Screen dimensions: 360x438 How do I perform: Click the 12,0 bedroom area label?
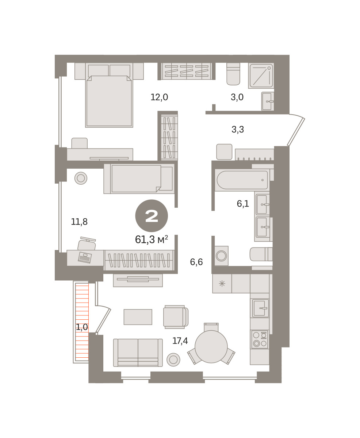coord(159,97)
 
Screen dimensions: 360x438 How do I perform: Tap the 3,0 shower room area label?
coord(237,97)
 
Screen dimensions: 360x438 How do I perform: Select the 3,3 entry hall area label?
coord(238,129)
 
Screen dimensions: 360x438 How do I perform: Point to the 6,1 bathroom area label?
coord(243,204)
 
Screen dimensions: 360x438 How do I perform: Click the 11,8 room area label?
coord(79,222)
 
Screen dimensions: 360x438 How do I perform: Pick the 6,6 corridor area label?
coord(196,262)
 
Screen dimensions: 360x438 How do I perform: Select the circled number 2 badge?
coord(152,216)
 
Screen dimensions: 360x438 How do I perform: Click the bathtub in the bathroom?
coord(242,180)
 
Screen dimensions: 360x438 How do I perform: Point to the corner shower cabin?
coord(261,76)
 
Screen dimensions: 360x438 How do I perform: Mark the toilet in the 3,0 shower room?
coord(233,74)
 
